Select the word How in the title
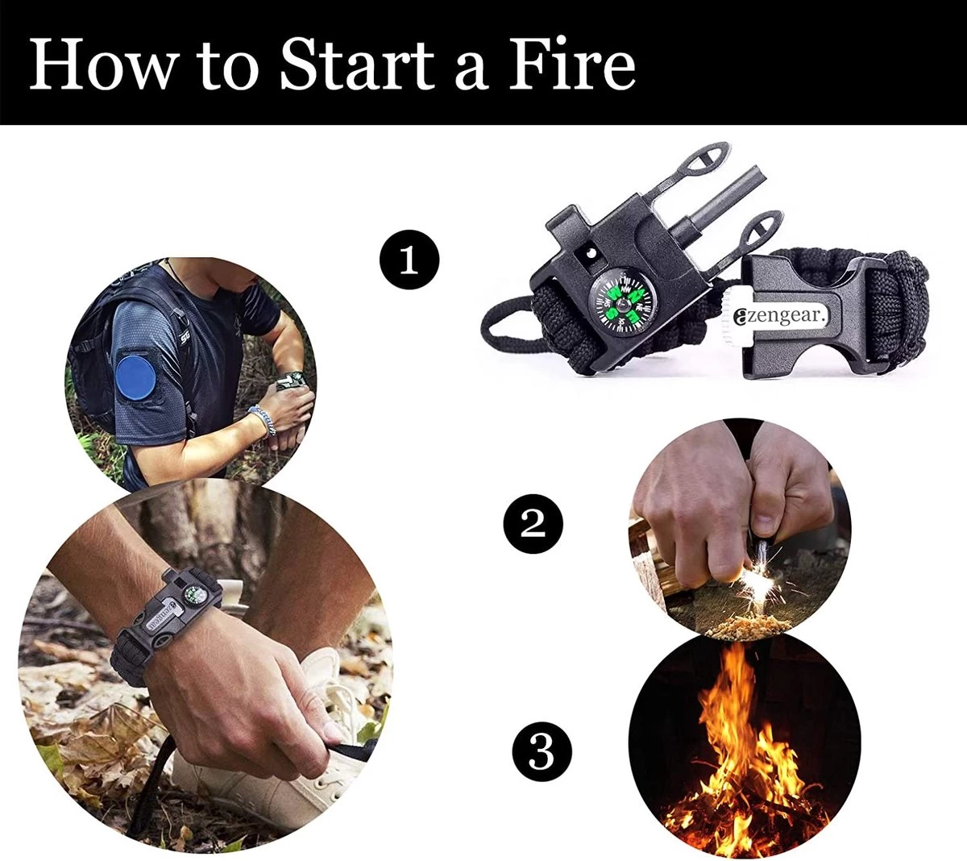point(102,63)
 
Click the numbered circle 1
point(409,260)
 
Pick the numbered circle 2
point(533,524)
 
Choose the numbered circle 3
point(542,752)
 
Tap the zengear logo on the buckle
point(782,316)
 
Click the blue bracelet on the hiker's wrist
point(262,419)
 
